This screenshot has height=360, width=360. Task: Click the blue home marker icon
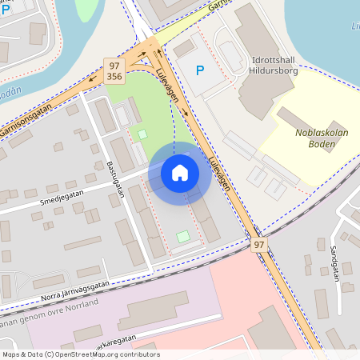pyautogui.click(x=180, y=172)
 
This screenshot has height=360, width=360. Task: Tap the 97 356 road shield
pyautogui.click(x=114, y=70)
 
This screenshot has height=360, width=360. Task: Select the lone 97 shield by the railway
pyautogui.click(x=258, y=243)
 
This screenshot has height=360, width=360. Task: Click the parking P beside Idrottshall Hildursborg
pyautogui.click(x=200, y=70)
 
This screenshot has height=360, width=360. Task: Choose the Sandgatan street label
pyautogui.click(x=333, y=258)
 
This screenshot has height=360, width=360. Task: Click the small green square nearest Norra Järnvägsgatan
pyautogui.click(x=184, y=237)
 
